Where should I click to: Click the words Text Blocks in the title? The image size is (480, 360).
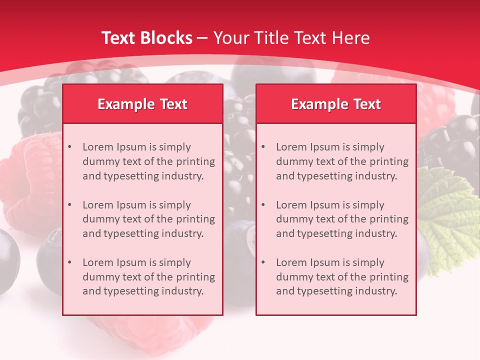[146, 38]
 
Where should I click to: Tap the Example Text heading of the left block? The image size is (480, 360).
[142, 104]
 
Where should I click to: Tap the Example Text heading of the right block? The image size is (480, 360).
[336, 104]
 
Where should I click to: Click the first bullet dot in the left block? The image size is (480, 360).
[69, 147]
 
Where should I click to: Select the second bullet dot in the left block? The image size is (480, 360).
[69, 205]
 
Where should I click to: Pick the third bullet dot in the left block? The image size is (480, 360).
[69, 262]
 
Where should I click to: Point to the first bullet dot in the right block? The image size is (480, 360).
[263, 147]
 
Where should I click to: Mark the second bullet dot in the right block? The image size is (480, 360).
[263, 205]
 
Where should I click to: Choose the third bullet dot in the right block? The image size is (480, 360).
[263, 262]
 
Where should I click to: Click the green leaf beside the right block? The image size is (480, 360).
[447, 215]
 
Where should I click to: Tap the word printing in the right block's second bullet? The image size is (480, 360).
[389, 219]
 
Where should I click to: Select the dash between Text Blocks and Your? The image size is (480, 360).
[202, 38]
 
